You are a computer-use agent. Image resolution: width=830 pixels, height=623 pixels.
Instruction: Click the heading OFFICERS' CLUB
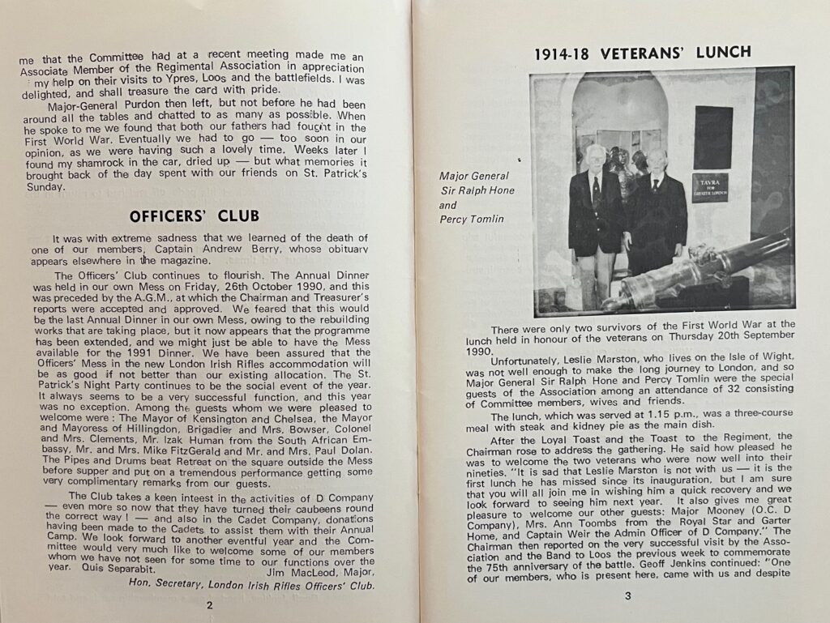[x=195, y=215]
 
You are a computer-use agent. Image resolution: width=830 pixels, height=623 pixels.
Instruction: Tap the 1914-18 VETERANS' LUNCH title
[x=643, y=53]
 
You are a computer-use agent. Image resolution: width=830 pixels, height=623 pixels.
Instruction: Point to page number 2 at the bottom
[x=209, y=604]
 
